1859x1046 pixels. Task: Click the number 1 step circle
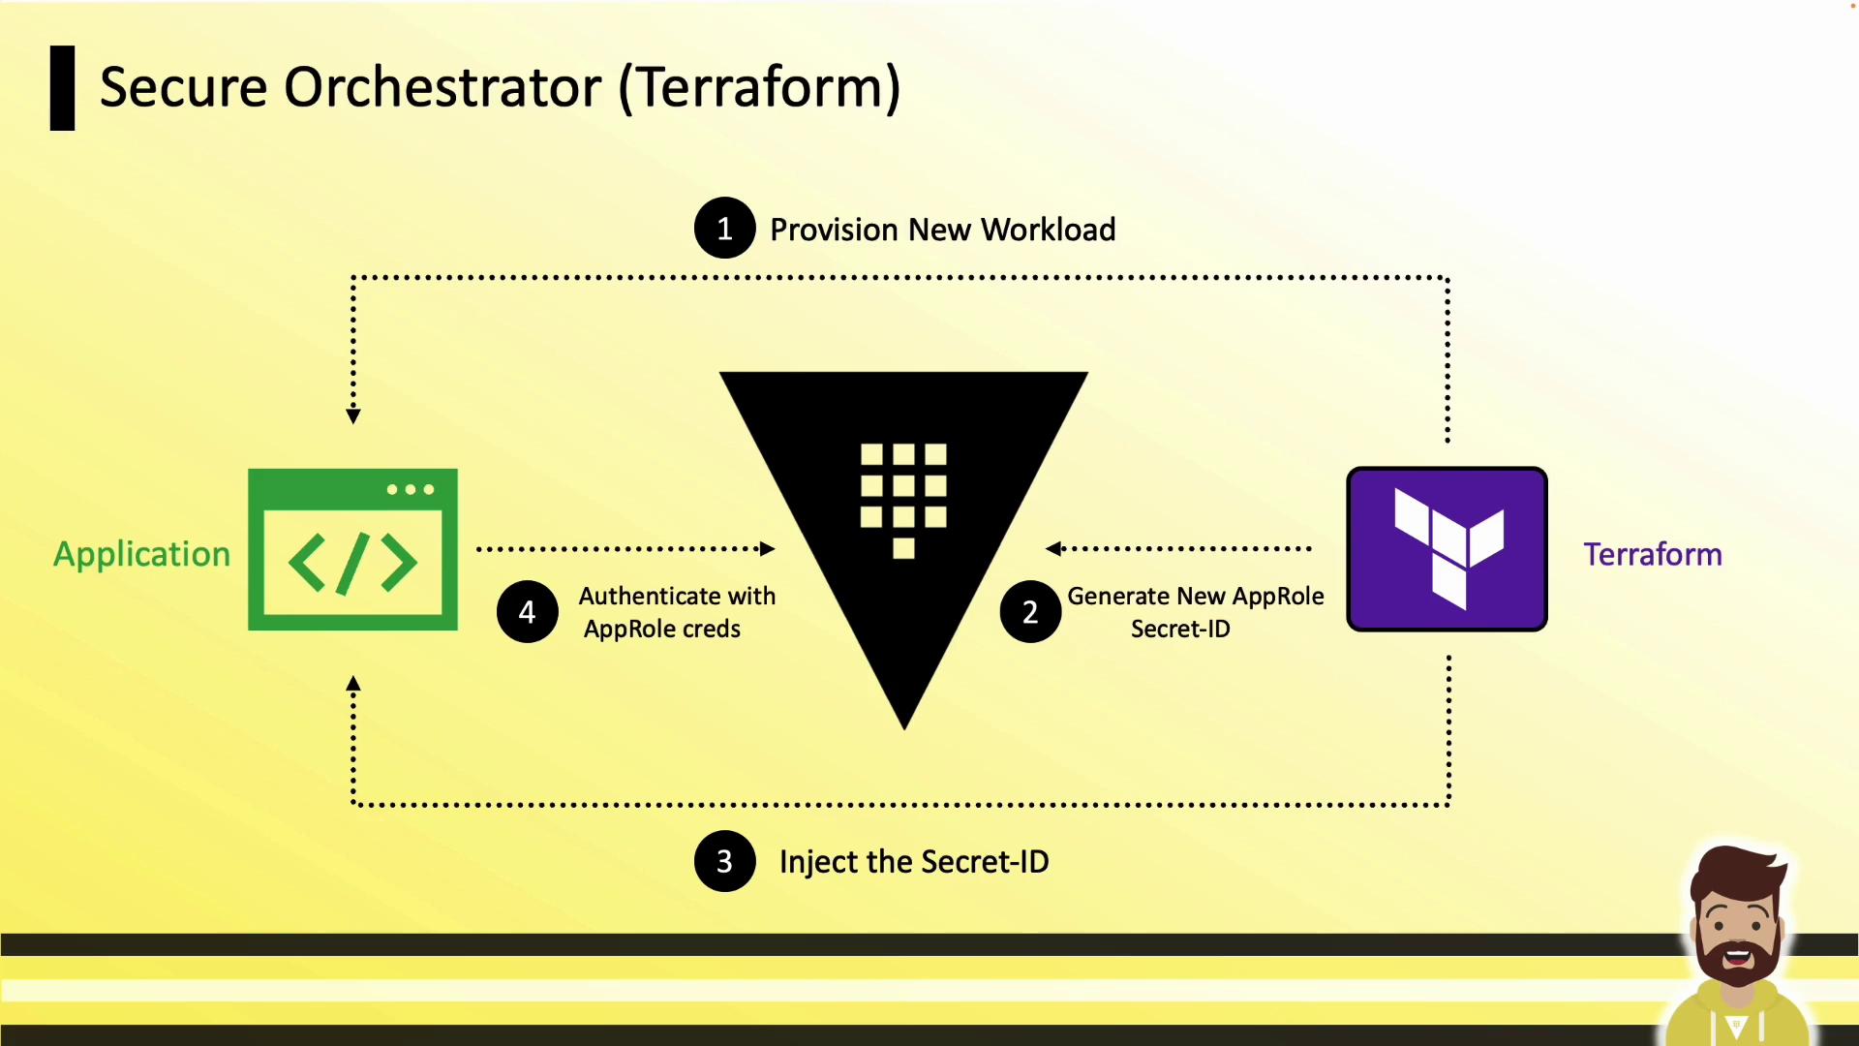724,229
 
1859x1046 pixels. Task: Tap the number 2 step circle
1030,612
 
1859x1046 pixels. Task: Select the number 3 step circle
724,861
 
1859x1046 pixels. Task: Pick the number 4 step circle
527,612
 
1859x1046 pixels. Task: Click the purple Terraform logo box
1447,549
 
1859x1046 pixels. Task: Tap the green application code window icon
352,549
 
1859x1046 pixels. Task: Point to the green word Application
141,554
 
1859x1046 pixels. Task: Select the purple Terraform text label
1652,554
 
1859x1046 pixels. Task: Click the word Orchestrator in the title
442,87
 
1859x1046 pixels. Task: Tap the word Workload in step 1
1048,230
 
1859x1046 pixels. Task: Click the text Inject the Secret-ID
913,861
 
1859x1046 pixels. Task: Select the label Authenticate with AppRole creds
676,612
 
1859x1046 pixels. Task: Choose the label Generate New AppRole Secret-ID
1195,612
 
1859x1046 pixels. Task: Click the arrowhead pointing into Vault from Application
767,549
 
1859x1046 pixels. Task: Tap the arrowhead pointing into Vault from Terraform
1053,549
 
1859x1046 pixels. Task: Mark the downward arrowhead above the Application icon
353,416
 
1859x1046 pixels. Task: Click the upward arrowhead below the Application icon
353,684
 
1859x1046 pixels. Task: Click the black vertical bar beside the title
63,88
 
